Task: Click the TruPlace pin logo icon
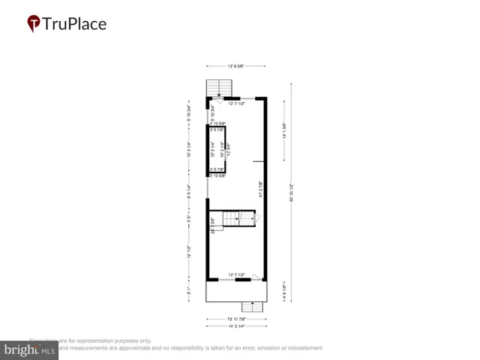[x=33, y=24]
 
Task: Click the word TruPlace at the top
[x=73, y=24]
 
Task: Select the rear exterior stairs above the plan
[x=220, y=88]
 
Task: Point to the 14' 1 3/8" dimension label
[x=284, y=131]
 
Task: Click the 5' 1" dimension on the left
[x=190, y=290]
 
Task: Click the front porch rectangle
[x=236, y=292]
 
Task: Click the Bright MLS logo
[x=29, y=349]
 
